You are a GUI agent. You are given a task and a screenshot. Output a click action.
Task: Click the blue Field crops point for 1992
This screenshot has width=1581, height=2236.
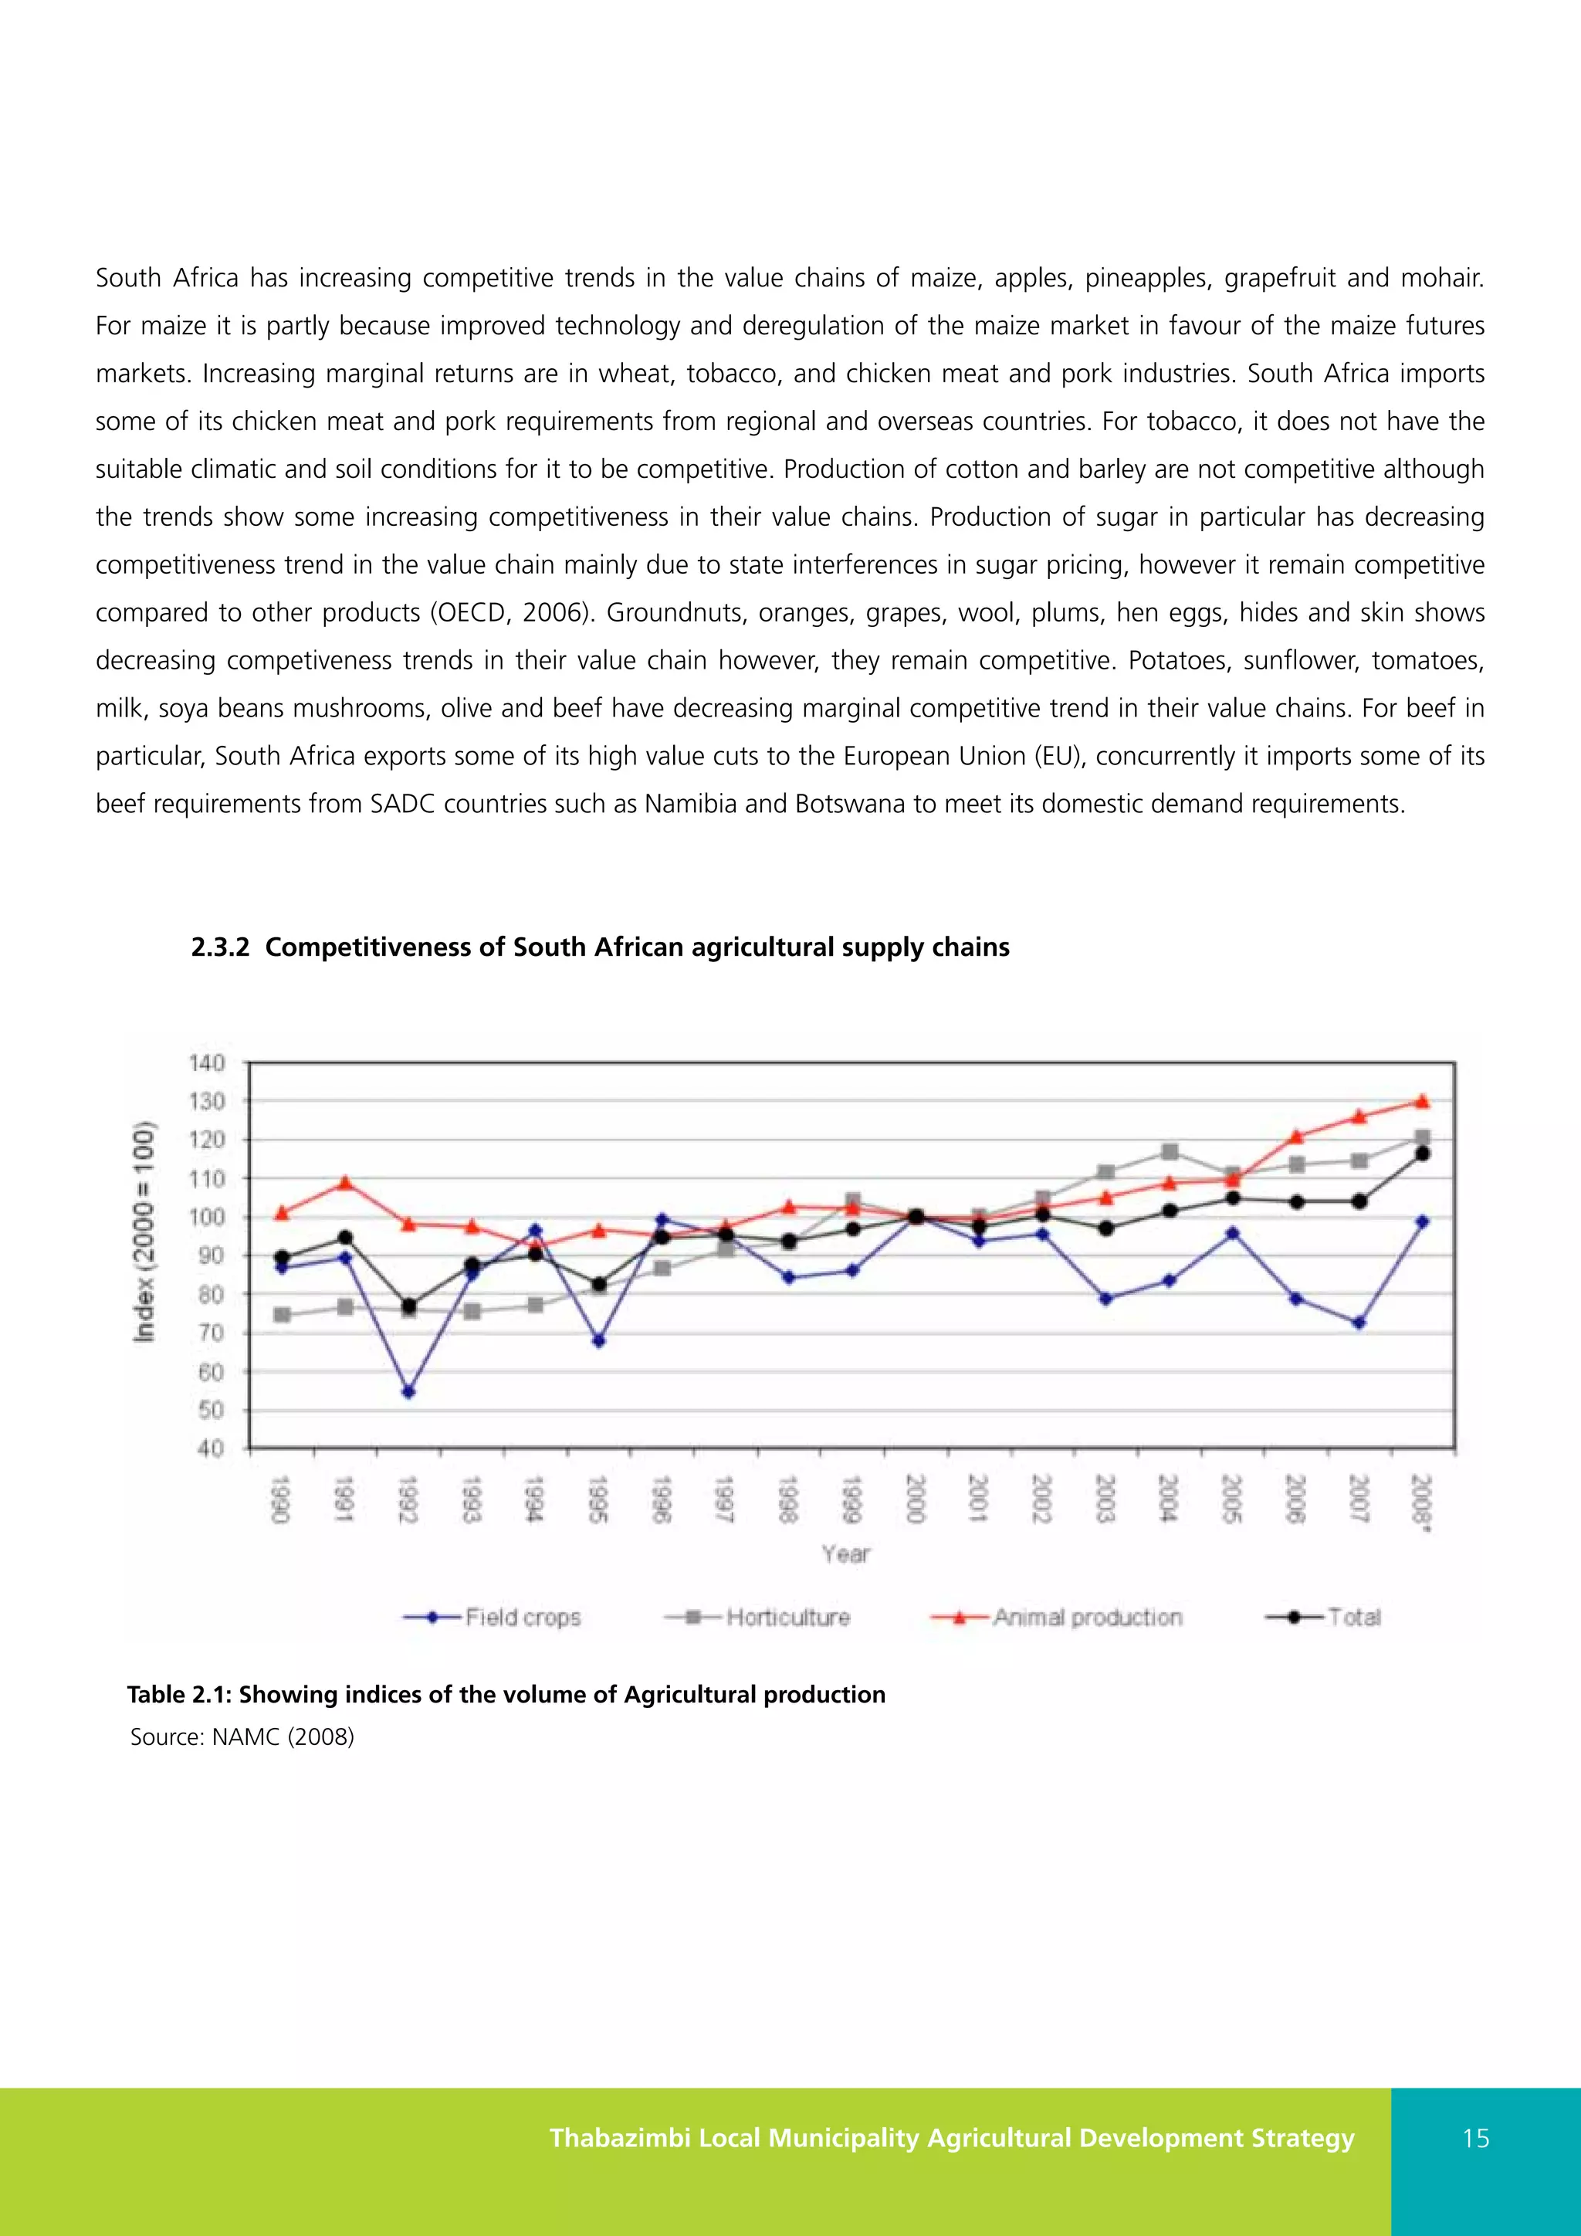coord(408,1391)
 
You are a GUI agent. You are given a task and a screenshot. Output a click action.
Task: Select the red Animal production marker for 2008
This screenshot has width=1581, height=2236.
coord(1421,1102)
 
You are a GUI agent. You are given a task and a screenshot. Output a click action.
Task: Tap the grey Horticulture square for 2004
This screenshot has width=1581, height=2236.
coord(1170,1152)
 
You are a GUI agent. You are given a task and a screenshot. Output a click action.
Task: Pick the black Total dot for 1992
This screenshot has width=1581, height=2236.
coord(408,1305)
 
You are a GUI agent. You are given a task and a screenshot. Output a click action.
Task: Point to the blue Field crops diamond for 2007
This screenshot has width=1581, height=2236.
coord(1359,1323)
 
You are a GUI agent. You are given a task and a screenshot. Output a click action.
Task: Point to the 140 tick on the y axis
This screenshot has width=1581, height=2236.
coord(206,1062)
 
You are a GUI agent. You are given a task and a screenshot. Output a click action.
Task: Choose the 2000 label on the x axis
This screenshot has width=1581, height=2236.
coord(915,1499)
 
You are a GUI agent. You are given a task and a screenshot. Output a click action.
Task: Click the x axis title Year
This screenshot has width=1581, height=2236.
coord(845,1554)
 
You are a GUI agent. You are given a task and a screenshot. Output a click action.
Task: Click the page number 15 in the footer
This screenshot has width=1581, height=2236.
coord(1476,2139)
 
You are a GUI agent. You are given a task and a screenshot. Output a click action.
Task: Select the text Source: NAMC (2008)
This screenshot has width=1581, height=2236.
coord(242,1736)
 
